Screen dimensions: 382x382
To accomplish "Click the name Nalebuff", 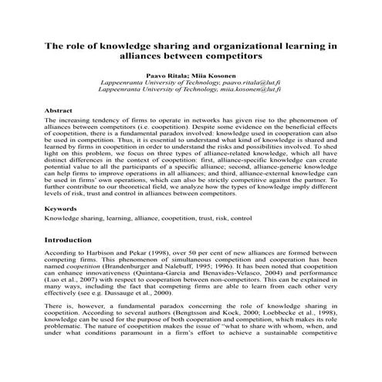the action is tap(191, 272).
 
